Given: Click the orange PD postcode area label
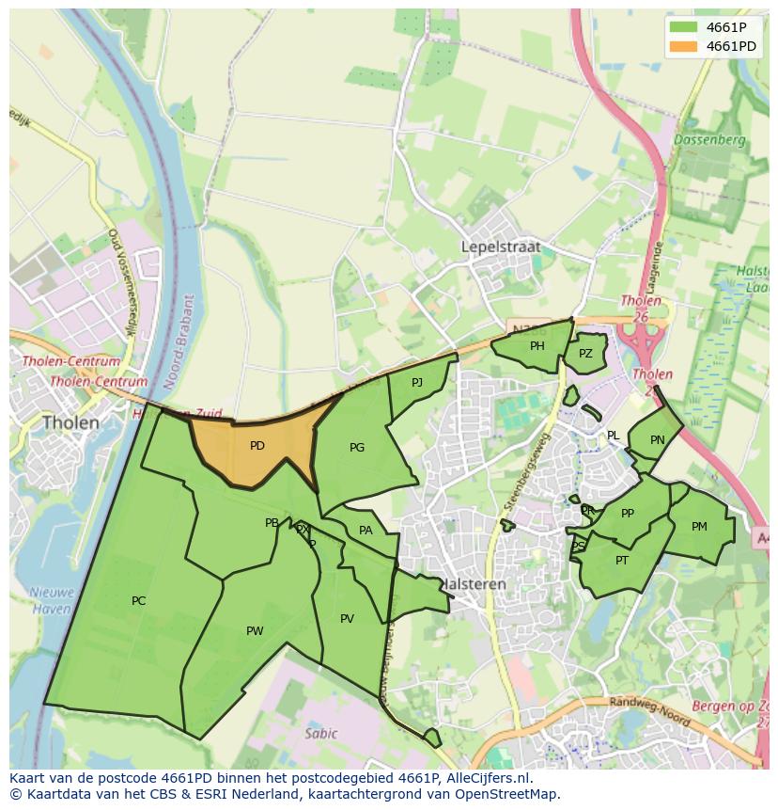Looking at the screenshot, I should coord(257,446).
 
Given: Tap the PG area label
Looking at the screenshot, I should coord(356,448).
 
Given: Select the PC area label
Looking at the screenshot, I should coord(138,601).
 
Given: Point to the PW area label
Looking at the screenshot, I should coord(255,631).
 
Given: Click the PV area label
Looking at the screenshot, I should coord(347,619).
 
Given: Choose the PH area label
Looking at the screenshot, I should coord(537,346).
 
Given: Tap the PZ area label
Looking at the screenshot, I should coord(585,354).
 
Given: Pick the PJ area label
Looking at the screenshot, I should coord(417,381).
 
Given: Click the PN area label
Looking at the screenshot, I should coord(657,440).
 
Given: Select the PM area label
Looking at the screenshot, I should coord(699,527).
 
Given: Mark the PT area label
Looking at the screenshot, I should coord(622,561).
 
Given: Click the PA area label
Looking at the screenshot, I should coord(366,531).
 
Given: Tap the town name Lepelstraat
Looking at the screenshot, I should coord(501,246).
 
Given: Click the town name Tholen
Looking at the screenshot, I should coord(70,422).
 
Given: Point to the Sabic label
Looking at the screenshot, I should coord(320,734).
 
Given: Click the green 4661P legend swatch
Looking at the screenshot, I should coord(683,27).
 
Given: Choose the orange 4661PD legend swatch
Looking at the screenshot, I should coord(683,46).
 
